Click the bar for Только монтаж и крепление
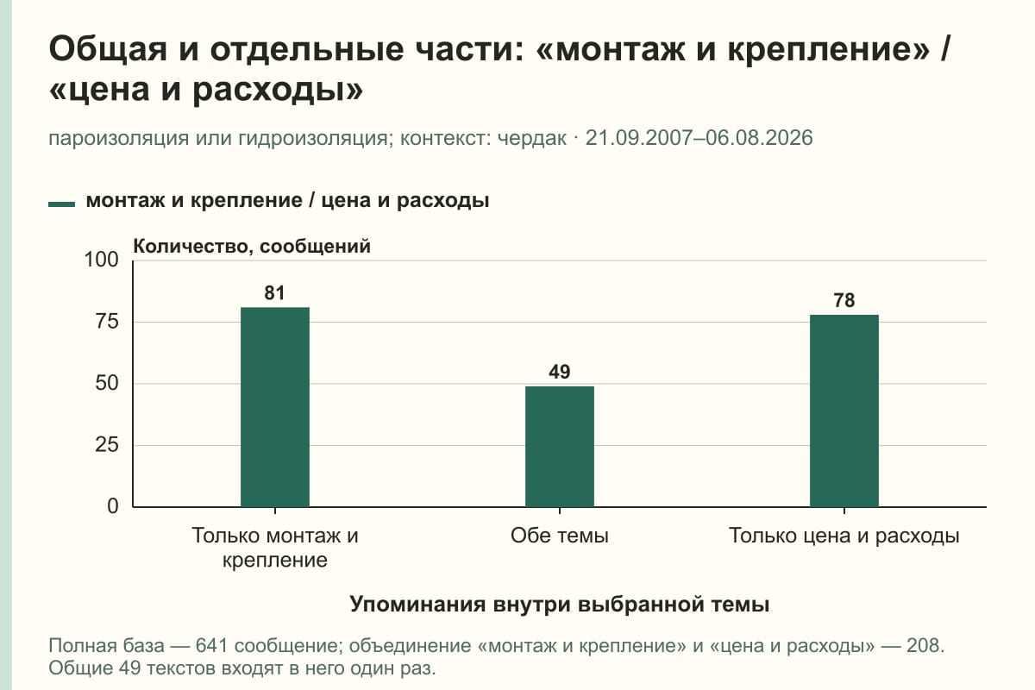275,407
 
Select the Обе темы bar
560,447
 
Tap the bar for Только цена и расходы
844,411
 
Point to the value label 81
274,293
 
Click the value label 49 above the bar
560,372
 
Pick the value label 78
844,300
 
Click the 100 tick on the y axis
101,260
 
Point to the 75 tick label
107,322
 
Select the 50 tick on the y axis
107,383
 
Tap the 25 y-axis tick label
107,445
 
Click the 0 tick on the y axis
113,506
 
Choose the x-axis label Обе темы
560,536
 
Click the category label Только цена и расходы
844,536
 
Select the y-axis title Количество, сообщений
252,247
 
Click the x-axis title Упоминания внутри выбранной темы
560,604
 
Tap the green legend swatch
61,204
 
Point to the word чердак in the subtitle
532,138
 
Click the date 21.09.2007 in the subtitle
639,138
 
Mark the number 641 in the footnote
211,646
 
